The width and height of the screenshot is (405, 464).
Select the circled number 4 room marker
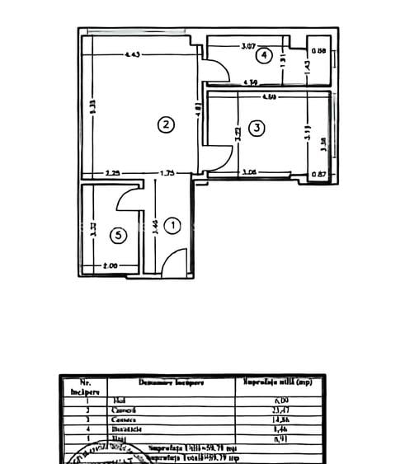(x=263, y=56)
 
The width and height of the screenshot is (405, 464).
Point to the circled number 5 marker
(x=120, y=235)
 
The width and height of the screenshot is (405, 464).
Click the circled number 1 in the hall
(x=172, y=224)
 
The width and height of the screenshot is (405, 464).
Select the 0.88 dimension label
(x=322, y=52)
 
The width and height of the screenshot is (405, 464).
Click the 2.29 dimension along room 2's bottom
(x=114, y=173)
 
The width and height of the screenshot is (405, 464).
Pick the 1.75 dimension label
(x=167, y=173)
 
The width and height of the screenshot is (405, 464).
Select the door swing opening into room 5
(x=130, y=199)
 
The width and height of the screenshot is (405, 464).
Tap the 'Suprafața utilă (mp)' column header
(x=276, y=382)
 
